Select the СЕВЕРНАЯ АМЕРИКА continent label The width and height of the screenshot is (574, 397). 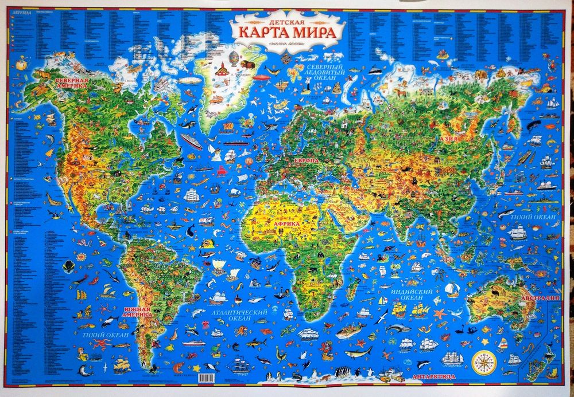[72, 84]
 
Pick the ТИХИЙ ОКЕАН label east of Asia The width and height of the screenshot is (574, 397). [536, 218]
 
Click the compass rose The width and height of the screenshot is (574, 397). [484, 361]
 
